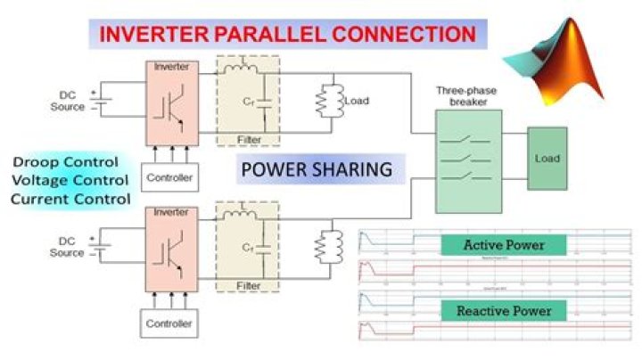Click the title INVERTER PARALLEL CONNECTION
(287, 35)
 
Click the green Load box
(547, 159)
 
